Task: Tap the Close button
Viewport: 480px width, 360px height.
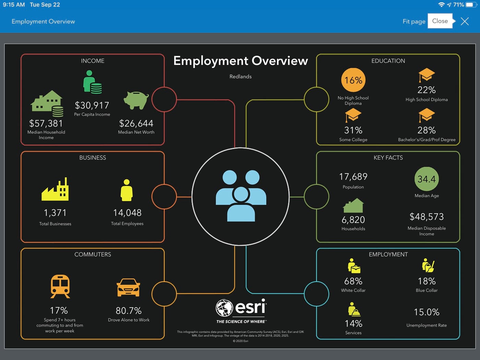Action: coord(440,21)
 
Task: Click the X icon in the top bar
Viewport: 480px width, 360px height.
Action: coord(465,21)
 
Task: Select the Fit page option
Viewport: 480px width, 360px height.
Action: coord(414,21)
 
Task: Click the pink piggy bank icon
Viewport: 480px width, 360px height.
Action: coord(136,100)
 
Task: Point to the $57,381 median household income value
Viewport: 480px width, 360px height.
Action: coord(46,123)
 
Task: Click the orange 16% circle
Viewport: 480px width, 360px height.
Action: coord(353,80)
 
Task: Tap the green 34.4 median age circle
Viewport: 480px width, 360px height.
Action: coord(427,179)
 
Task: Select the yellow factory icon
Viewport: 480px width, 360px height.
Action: coord(55,189)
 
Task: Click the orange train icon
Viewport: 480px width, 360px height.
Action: coord(60,286)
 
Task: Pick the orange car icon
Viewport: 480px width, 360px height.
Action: coord(129,287)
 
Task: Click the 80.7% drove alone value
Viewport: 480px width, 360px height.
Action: coord(129,311)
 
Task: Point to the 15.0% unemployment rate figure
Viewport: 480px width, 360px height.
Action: coord(427,312)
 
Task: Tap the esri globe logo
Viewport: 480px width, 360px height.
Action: coord(224,308)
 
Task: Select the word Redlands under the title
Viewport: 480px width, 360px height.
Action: coord(240,76)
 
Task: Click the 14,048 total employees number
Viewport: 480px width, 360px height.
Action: coord(127,213)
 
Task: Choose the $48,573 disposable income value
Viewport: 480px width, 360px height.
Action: coord(427,217)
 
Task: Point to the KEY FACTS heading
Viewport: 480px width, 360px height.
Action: coord(388,158)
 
